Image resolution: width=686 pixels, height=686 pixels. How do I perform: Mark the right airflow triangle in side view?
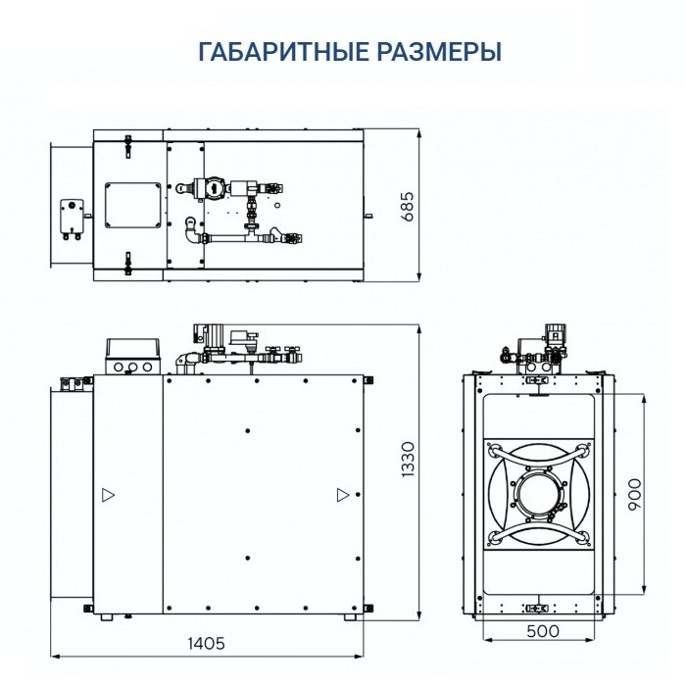pos(341,496)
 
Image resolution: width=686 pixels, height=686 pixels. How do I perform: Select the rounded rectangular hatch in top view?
pos(130,207)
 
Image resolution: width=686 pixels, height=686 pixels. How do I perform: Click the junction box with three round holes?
pos(130,356)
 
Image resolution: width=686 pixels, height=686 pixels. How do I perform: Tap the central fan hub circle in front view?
pos(536,497)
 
